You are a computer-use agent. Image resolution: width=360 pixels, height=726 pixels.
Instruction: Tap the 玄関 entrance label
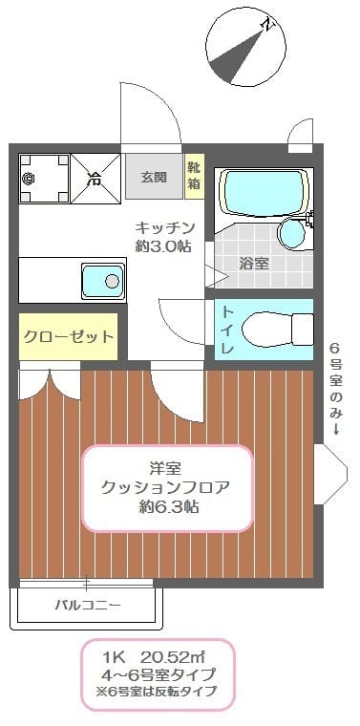coord(153,177)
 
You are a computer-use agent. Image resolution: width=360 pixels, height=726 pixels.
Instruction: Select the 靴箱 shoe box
coord(194,177)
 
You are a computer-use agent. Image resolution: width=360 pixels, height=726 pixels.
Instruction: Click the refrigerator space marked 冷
coord(95,178)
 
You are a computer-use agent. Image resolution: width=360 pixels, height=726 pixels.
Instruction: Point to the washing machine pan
coord(43,178)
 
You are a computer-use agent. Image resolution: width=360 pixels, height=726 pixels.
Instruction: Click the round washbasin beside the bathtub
coord(291,232)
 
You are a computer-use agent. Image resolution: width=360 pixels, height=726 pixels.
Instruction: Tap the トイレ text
coord(228,331)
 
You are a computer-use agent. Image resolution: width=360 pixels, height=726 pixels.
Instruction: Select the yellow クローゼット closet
coord(67,336)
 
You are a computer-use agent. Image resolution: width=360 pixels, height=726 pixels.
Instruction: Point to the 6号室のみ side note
coord(335,387)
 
